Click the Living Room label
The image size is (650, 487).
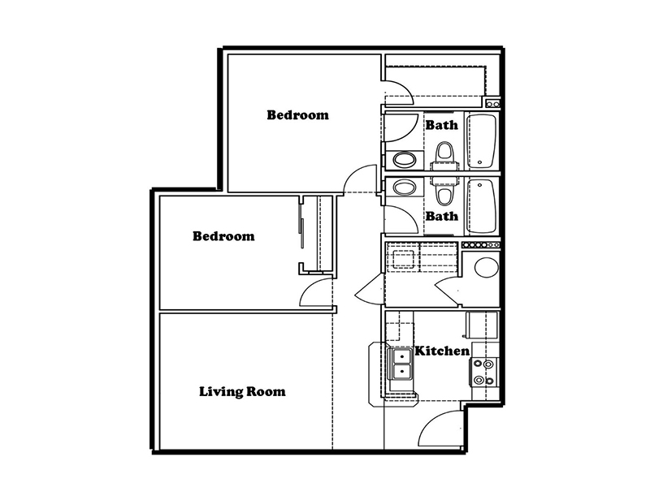click(242, 392)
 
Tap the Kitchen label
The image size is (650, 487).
click(442, 351)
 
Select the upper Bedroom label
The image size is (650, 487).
click(297, 114)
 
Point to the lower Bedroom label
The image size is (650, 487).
click(223, 236)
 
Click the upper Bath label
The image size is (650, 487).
click(442, 125)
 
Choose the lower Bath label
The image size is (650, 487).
click(442, 216)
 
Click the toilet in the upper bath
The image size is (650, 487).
click(444, 156)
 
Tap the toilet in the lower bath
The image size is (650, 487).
click(444, 192)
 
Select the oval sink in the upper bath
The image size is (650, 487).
click(404, 159)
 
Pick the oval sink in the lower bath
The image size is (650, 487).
click(404, 187)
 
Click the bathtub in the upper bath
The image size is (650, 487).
click(481, 141)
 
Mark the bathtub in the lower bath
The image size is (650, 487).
click(481, 206)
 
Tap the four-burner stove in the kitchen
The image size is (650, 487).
click(483, 372)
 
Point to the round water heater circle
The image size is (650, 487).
click(486, 267)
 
